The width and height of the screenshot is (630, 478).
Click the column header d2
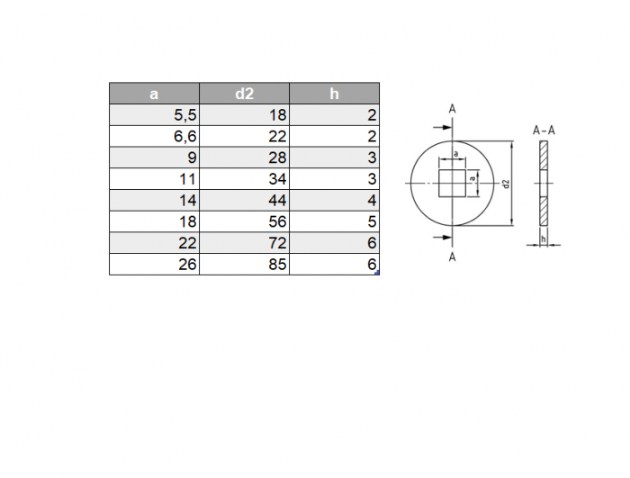(x=244, y=94)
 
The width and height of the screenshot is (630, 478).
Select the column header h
(x=334, y=94)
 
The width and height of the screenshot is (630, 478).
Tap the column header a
(x=154, y=94)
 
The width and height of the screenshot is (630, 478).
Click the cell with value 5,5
(x=154, y=115)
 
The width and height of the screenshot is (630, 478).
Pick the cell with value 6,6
(x=154, y=136)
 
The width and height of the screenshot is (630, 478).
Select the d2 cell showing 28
(x=244, y=158)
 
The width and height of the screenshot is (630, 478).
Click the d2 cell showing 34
(x=244, y=179)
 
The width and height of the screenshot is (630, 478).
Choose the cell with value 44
(x=244, y=200)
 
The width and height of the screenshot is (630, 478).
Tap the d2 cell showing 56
(x=244, y=221)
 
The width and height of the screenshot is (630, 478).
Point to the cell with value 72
(x=244, y=243)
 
